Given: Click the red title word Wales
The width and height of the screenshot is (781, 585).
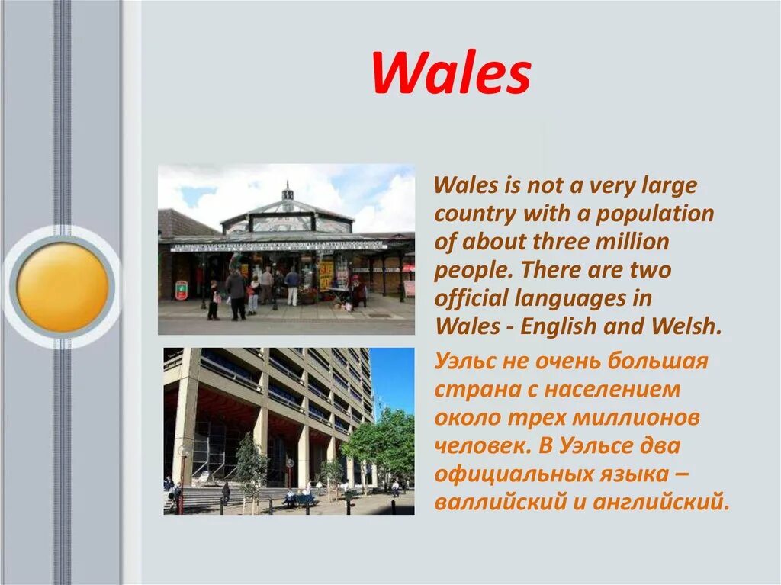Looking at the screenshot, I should [451, 74].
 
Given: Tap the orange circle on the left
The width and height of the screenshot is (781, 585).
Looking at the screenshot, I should [63, 287].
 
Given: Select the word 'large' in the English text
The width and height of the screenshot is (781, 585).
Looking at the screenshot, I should [669, 186].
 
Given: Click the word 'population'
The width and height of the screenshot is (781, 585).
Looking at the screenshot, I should [655, 214].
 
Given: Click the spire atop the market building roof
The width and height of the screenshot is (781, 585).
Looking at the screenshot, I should [287, 191].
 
